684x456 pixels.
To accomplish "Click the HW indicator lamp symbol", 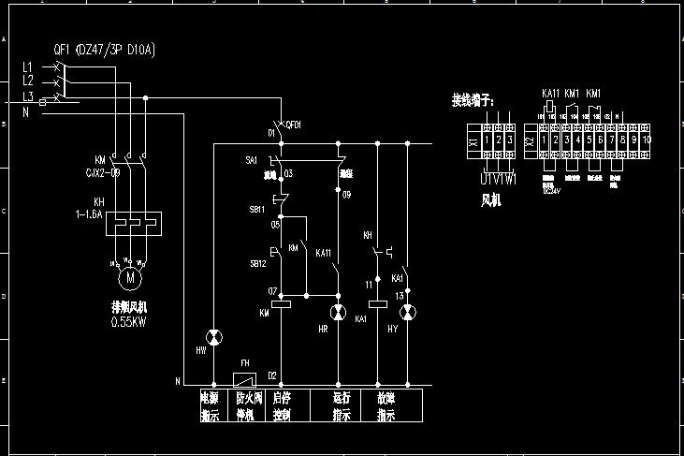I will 214,336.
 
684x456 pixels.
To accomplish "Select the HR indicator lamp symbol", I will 338,312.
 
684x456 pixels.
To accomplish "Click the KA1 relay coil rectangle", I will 378,303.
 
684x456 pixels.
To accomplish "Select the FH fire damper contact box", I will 244,379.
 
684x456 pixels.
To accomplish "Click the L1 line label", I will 27,66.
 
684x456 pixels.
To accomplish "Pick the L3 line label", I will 27,96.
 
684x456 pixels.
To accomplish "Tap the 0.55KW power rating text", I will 129,321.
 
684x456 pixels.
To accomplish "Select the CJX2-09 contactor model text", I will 102,172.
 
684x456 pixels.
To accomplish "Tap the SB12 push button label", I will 256,264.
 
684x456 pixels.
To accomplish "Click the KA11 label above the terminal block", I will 550,94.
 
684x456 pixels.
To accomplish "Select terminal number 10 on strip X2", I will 646,140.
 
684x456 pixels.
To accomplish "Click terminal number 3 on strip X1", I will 510,140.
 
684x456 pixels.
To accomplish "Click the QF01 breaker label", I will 293,125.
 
